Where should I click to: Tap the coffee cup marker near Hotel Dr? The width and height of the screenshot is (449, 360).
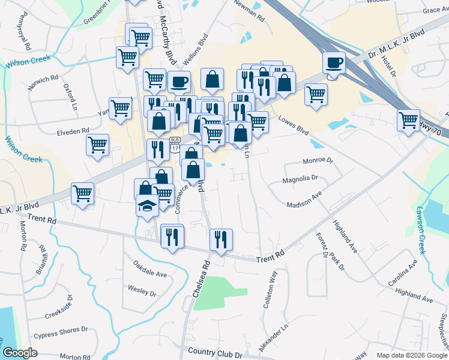tap(334, 62)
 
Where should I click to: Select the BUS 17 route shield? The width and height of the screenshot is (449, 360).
tap(175, 146)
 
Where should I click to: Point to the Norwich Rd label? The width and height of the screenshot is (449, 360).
tap(43, 82)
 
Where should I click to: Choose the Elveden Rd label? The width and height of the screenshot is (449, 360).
tap(73, 130)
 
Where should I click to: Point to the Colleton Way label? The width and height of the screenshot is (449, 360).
tap(270, 290)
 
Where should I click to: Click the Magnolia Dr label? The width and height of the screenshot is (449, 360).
tap(300, 178)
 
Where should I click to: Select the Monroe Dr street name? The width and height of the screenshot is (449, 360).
tap(318, 161)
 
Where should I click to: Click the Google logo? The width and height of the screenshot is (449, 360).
tap(20, 353)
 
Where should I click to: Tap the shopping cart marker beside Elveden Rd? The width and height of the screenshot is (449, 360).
tap(97, 144)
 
